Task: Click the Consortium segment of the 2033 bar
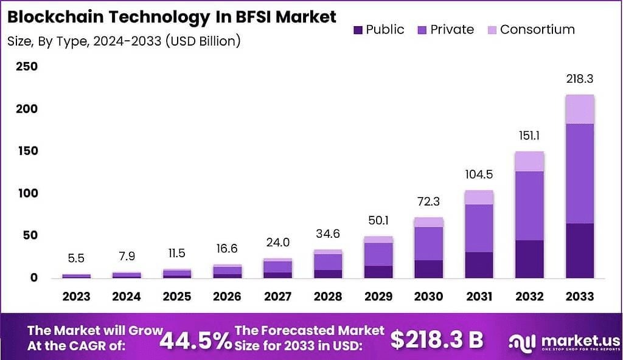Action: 579,109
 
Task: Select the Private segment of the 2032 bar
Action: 529,206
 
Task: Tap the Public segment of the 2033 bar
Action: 579,251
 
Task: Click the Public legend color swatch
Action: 358,30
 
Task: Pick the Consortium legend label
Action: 537,30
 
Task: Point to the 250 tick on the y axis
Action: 26,67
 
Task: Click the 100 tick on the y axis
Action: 26,193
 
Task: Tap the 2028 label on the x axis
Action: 327,297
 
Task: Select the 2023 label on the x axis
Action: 76,297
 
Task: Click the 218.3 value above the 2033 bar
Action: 579,79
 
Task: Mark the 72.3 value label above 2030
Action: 428,201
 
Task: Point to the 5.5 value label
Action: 76,258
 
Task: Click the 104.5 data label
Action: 479,175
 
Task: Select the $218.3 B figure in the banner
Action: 436,339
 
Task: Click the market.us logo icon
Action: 522,341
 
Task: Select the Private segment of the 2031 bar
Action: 479,228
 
